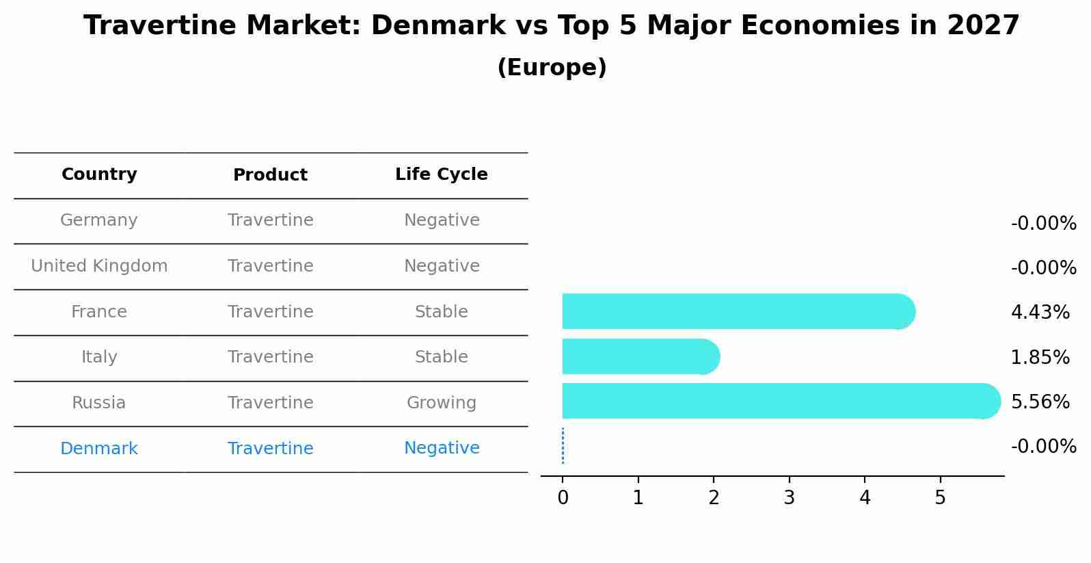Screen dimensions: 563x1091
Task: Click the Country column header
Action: point(99,174)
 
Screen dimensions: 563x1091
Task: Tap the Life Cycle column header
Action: point(441,174)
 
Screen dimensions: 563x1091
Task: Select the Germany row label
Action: point(99,220)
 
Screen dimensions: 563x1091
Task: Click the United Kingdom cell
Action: point(99,266)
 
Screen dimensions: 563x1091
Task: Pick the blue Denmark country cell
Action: point(99,449)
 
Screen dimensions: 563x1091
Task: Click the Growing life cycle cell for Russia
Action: point(441,403)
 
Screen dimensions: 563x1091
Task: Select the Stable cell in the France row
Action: point(441,312)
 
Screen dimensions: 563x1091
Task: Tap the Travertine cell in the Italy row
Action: point(270,357)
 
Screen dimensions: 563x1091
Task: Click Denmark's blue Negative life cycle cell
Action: point(441,448)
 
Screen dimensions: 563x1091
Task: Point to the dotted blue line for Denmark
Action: point(563,446)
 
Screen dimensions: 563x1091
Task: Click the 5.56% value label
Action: point(1040,402)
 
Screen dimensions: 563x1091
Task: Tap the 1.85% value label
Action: point(1040,357)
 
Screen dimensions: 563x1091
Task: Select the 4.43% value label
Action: point(1040,313)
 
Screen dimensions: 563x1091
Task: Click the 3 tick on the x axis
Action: point(789,498)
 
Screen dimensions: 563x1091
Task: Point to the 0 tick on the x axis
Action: point(563,498)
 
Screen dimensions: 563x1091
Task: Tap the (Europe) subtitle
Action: point(552,68)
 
